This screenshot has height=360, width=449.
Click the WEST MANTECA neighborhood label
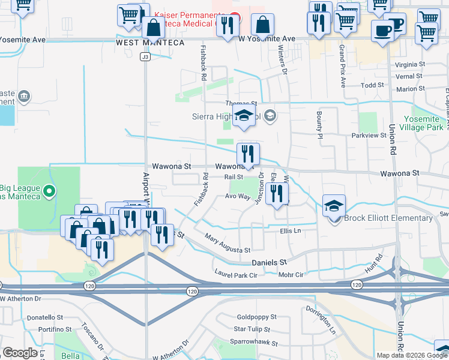tap(142, 43)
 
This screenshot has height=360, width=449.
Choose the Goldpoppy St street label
tap(256, 317)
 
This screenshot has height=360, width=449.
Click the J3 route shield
tap(145, 57)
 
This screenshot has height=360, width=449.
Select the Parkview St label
tap(369, 136)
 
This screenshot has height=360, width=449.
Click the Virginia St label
tap(410, 65)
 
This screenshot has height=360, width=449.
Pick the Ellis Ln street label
tap(290, 230)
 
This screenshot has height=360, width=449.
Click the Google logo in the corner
tap(20, 352)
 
